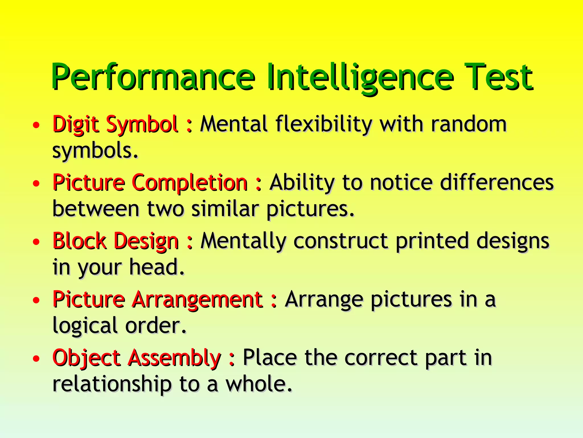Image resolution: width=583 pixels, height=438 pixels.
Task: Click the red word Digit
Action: (76, 124)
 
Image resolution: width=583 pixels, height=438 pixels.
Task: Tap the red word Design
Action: (146, 242)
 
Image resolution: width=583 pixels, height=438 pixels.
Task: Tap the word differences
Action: (497, 182)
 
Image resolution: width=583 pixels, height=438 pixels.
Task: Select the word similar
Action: (225, 209)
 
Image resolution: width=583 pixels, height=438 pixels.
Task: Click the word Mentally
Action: (244, 241)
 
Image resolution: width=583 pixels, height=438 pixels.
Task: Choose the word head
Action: (157, 267)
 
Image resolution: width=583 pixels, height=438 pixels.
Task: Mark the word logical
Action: (85, 326)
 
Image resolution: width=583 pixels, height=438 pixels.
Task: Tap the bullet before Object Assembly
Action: (36, 358)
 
